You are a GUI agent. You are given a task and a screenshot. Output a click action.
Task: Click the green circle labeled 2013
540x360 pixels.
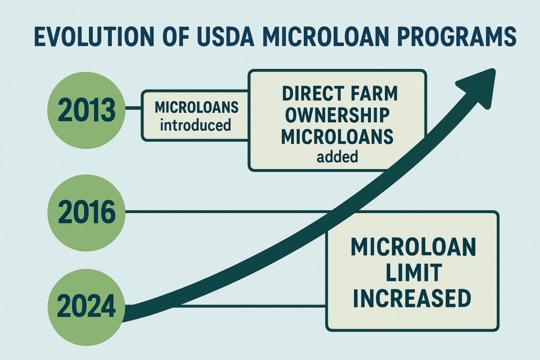86,110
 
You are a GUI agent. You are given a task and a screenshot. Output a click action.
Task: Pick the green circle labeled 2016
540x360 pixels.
86,212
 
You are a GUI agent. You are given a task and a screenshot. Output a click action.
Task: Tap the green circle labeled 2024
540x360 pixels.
86,307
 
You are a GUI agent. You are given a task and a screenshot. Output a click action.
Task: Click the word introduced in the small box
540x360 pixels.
195,125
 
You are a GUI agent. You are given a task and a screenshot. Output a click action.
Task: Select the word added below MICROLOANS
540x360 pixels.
337,157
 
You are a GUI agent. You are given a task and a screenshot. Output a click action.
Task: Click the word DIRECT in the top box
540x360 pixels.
313,93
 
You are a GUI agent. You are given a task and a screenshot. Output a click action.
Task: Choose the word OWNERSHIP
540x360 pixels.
337,115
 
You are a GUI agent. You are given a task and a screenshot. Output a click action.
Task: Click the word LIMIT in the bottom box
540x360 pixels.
413,273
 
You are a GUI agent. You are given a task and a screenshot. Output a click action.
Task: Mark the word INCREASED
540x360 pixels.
412,298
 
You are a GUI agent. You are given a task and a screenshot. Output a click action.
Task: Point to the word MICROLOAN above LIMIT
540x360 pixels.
413,247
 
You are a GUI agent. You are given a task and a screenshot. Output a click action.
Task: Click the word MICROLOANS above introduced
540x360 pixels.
196,108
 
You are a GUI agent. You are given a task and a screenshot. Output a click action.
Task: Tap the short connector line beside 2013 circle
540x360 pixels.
133,108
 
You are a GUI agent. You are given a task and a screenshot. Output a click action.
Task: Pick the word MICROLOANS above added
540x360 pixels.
337,137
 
